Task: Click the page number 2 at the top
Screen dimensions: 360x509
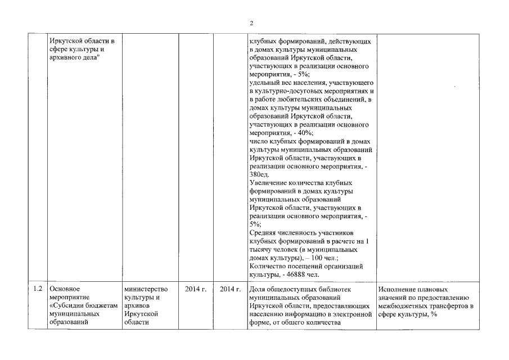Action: (x=251, y=23)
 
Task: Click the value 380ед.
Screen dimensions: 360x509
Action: (x=259, y=174)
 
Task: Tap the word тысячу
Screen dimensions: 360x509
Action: (x=260, y=249)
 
